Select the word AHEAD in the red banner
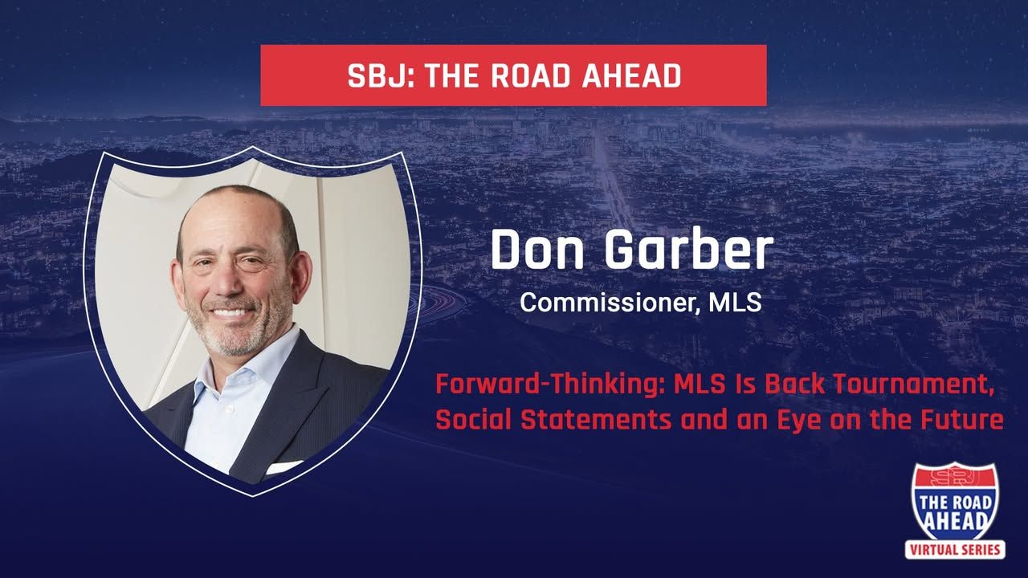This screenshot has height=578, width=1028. click(x=631, y=76)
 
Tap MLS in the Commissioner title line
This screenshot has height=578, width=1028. click(x=735, y=302)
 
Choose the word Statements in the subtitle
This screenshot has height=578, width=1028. click(x=596, y=420)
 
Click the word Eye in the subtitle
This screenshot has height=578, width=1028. click(x=798, y=421)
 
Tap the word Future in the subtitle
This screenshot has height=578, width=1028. click(x=961, y=420)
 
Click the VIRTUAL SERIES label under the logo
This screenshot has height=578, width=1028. click(x=955, y=550)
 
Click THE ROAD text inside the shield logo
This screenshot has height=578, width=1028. click(x=955, y=503)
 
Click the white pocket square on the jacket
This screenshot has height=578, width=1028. click(x=284, y=467)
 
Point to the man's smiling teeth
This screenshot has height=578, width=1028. click(x=230, y=313)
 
